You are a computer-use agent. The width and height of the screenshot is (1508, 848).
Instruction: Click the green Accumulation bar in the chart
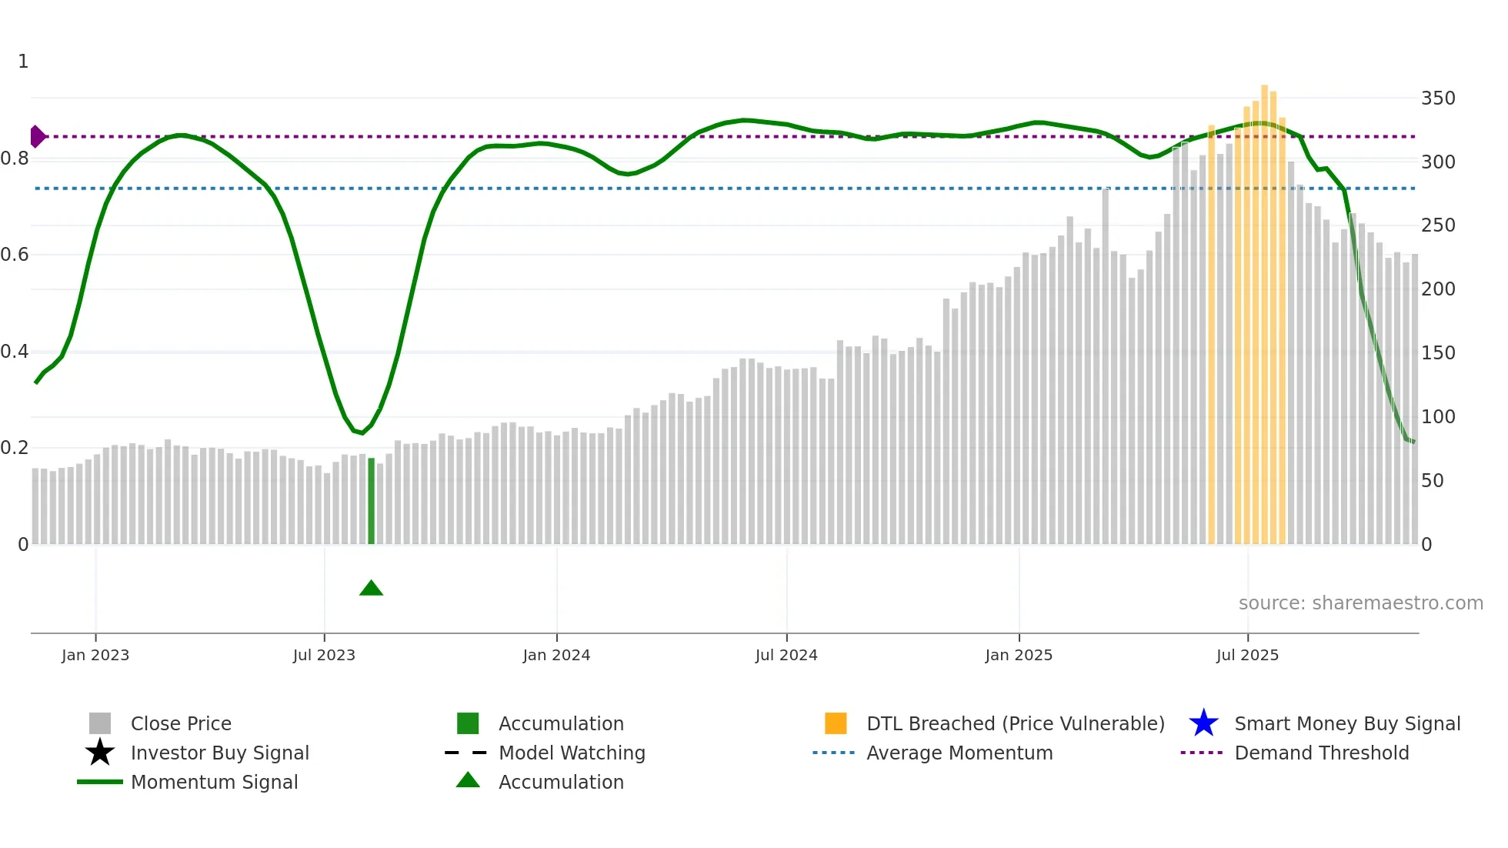(x=371, y=502)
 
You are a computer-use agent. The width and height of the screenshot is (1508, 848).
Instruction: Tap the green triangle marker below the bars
(x=371, y=589)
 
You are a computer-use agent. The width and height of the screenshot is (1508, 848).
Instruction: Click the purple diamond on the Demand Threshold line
(x=37, y=136)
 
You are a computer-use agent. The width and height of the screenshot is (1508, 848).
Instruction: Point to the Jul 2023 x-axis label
(x=324, y=655)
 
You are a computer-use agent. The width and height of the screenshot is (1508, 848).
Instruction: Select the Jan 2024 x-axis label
(x=556, y=655)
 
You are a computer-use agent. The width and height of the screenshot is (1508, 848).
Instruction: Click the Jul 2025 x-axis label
(x=1247, y=655)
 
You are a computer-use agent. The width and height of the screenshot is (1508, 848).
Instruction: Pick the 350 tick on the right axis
(x=1437, y=98)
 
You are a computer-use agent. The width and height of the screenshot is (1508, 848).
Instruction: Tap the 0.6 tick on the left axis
(x=15, y=255)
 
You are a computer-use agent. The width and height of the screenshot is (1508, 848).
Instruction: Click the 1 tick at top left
(x=23, y=62)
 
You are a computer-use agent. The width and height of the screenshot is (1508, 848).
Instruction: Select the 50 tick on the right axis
(x=1432, y=481)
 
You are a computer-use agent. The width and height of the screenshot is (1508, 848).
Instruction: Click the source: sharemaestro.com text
(x=1360, y=603)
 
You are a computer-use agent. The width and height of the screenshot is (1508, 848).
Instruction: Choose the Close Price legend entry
(x=181, y=723)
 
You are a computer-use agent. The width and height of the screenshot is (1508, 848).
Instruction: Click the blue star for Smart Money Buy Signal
(x=1203, y=723)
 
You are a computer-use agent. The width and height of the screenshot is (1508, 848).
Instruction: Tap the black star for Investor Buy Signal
(x=100, y=753)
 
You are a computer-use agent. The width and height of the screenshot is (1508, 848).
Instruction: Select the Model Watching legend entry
(x=572, y=753)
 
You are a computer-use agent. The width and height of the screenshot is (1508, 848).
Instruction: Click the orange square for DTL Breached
(x=836, y=723)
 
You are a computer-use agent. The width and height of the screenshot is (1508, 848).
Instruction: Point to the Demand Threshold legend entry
(x=1321, y=753)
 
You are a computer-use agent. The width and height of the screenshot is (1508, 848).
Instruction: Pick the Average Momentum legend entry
(x=959, y=753)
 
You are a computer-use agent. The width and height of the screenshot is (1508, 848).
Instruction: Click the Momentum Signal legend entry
(x=214, y=782)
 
